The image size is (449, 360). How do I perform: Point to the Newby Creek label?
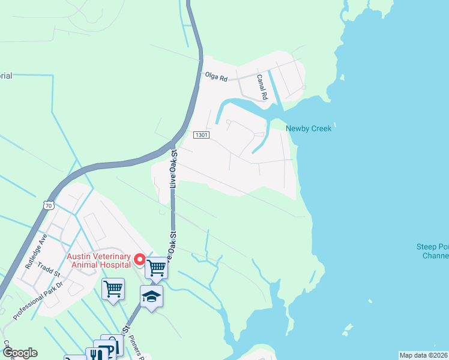309,128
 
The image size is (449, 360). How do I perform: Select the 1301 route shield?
201,135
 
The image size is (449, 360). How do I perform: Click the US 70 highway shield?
48,205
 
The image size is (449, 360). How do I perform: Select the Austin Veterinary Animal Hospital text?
98,260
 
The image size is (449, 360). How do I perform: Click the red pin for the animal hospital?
139,260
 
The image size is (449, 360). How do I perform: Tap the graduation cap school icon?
151,296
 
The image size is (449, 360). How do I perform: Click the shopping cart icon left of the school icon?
113,289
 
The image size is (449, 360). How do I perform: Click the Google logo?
19,353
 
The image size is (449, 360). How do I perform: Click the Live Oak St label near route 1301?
175,170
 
